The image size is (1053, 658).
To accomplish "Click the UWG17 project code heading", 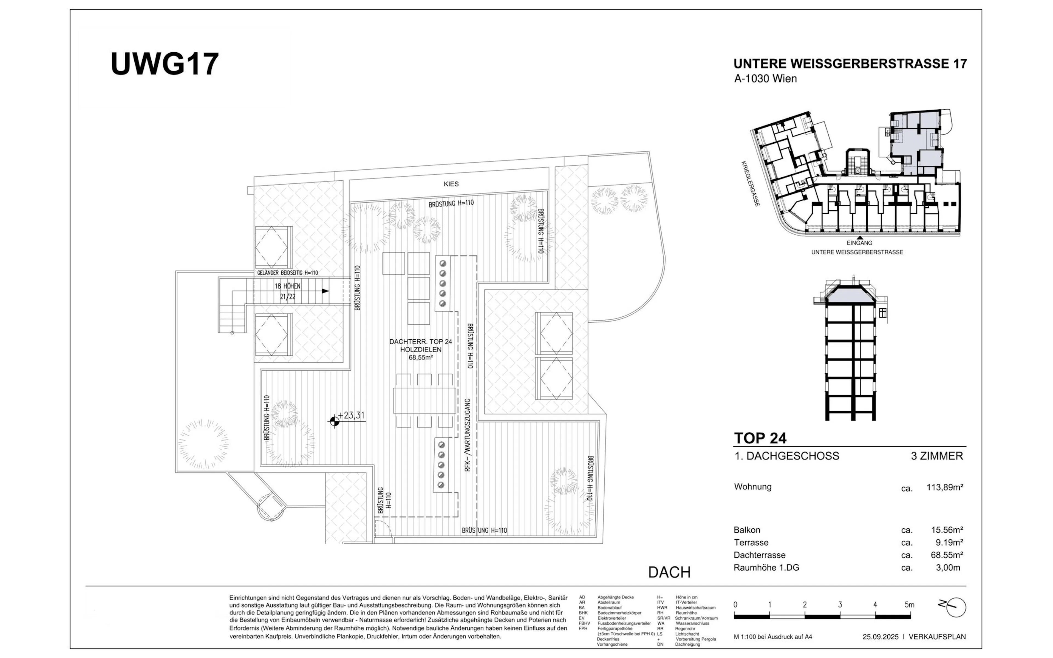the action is click(x=165, y=64).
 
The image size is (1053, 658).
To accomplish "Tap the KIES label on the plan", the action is click(x=451, y=184).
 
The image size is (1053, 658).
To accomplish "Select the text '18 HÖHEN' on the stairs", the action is click(x=288, y=286).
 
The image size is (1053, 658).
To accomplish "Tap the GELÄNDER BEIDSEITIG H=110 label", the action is click(x=288, y=273).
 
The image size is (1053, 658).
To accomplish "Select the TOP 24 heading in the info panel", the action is click(x=760, y=438).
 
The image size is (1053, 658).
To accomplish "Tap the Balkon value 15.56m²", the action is click(x=947, y=530).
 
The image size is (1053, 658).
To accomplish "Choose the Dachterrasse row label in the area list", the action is click(x=759, y=555).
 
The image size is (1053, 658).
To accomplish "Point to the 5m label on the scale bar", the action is click(x=909, y=605).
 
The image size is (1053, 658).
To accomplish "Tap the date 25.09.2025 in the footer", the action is click(x=881, y=637).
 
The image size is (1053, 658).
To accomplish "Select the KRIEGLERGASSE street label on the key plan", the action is click(x=751, y=184).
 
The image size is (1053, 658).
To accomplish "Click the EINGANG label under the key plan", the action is click(x=859, y=243).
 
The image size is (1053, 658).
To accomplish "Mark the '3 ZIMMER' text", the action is click(x=937, y=456).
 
